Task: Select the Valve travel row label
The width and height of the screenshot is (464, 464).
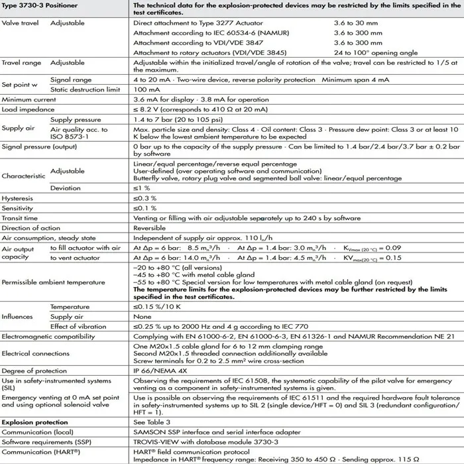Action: tap(20, 23)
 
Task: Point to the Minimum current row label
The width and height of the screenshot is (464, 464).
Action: tap(30, 99)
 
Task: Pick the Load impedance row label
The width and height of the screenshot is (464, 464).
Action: tap(29, 109)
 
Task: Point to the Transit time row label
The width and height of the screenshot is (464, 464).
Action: tap(20, 218)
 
